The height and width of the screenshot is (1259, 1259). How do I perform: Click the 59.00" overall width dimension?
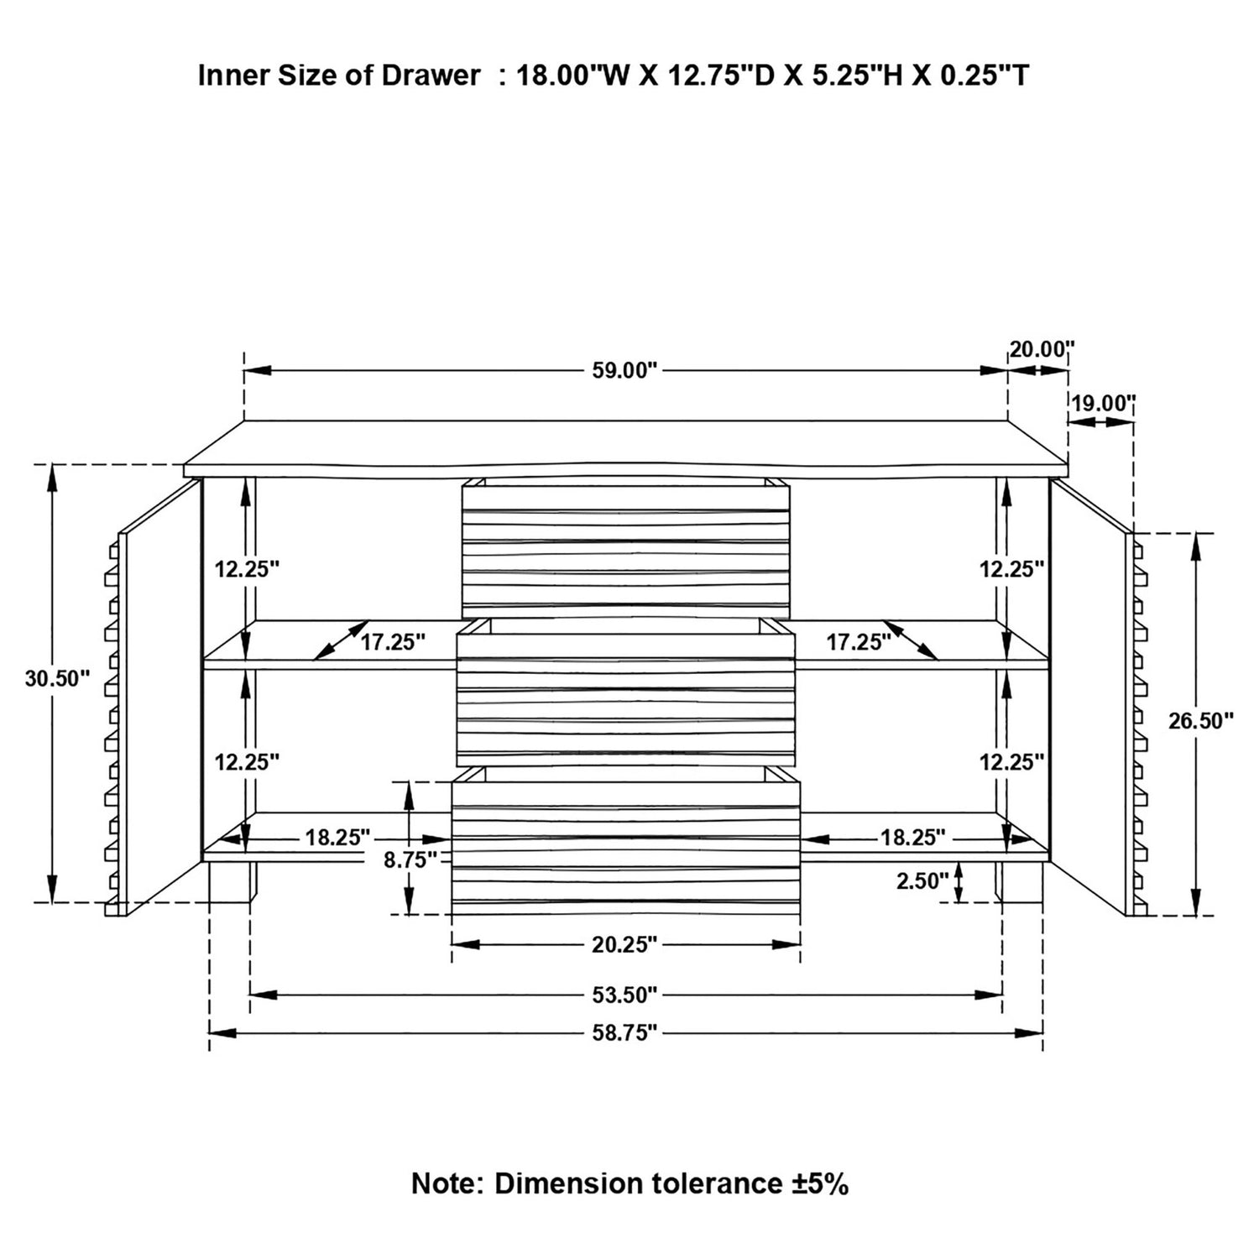point(624,370)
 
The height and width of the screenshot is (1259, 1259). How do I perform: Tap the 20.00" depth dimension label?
point(1042,348)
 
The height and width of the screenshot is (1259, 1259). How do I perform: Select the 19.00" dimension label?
point(1102,403)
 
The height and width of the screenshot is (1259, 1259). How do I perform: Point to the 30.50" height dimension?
point(57,678)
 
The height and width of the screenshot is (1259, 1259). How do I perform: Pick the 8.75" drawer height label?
point(411,859)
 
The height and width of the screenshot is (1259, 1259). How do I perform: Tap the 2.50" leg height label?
point(922,880)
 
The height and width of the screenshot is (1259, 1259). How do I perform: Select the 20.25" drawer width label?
point(624,945)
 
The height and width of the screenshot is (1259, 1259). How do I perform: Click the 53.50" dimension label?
point(624,995)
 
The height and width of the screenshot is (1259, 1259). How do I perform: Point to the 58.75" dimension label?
point(624,1032)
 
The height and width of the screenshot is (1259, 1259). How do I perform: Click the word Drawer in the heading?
point(431,76)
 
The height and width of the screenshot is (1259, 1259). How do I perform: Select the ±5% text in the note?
point(820,1183)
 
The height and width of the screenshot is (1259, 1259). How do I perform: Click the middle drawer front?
point(625,699)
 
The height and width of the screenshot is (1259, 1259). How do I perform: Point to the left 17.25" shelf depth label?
point(394,643)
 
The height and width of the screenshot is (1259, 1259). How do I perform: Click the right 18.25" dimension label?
point(912,838)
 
